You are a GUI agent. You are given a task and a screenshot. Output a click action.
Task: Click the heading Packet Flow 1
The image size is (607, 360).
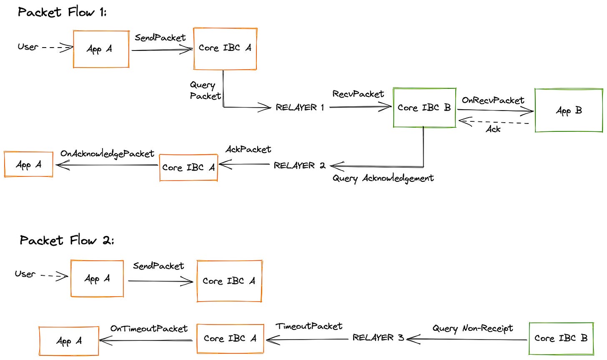point(62,12)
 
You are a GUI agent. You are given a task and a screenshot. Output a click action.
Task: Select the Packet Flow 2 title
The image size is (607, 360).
point(67,240)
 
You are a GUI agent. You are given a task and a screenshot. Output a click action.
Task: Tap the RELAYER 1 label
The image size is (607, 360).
point(300,108)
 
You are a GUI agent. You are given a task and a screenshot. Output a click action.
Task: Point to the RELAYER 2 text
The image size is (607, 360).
point(299,166)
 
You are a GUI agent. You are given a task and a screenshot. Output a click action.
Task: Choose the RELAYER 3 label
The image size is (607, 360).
point(378,338)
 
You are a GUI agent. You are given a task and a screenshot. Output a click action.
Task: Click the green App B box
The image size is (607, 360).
point(569,111)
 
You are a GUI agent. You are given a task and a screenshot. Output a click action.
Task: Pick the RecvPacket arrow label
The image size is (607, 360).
point(358,94)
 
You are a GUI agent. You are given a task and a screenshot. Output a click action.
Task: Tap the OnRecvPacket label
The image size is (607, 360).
point(493,101)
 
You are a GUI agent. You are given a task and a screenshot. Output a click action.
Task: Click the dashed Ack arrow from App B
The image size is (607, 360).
point(494,122)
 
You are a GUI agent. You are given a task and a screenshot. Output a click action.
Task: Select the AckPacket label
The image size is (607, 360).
point(248,149)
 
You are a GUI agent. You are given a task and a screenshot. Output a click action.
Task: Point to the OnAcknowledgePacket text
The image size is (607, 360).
point(107,154)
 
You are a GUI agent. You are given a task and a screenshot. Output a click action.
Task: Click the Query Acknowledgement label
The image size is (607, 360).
point(383,179)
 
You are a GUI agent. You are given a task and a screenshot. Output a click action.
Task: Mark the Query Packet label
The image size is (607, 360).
point(205,91)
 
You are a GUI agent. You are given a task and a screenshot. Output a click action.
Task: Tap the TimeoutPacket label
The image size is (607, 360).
point(309,326)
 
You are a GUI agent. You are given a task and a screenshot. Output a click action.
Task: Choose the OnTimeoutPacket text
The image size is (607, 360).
point(149,329)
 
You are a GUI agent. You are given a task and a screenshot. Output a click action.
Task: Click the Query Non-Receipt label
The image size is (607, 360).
point(473,329)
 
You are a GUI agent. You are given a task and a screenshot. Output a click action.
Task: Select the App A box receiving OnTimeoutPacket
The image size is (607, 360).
point(69,341)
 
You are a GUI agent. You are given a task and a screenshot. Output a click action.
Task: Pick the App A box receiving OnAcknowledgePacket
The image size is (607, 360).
point(29,165)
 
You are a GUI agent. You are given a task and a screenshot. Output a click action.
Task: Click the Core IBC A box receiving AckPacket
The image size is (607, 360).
point(188,167)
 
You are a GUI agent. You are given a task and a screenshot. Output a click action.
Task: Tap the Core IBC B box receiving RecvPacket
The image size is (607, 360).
point(424,108)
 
